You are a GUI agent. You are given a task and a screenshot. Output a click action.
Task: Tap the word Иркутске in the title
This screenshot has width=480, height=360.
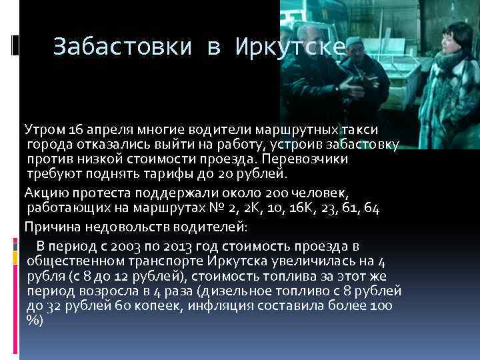pos(290,47)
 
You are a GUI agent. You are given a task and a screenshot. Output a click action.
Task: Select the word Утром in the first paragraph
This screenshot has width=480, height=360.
pos(42,128)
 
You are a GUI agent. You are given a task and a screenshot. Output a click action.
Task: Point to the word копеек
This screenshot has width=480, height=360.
pos(160,307)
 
